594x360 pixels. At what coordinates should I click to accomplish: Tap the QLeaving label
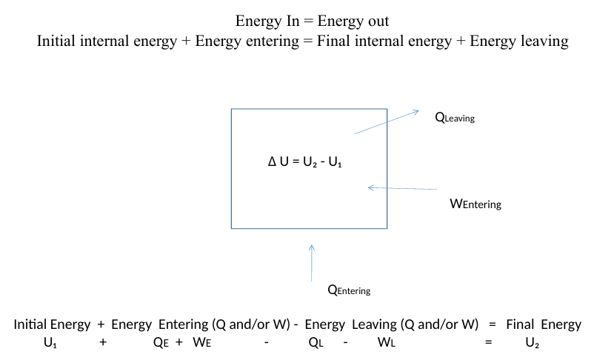pyautogui.click(x=454, y=116)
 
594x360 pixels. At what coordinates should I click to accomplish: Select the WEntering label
pyautogui.click(x=475, y=204)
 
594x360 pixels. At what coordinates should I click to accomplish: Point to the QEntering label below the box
pyautogui.click(x=349, y=290)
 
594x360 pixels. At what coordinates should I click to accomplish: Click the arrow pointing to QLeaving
pyautogui.click(x=387, y=122)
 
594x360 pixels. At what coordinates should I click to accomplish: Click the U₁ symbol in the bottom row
pyautogui.click(x=50, y=343)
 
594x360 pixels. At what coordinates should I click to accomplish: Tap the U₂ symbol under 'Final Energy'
pyautogui.click(x=532, y=343)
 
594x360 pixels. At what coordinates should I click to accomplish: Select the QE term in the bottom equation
pyautogui.click(x=160, y=343)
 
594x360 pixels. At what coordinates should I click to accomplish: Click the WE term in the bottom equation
pyautogui.click(x=202, y=343)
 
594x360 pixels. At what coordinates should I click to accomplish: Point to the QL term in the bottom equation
pyautogui.click(x=316, y=343)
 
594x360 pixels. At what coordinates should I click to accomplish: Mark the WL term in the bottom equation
pyautogui.click(x=385, y=343)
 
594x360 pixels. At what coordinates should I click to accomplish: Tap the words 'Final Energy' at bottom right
pyautogui.click(x=544, y=324)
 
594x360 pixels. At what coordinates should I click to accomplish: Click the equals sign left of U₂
pyautogui.click(x=488, y=343)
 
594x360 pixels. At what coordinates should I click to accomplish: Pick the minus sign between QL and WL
pyautogui.click(x=346, y=343)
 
